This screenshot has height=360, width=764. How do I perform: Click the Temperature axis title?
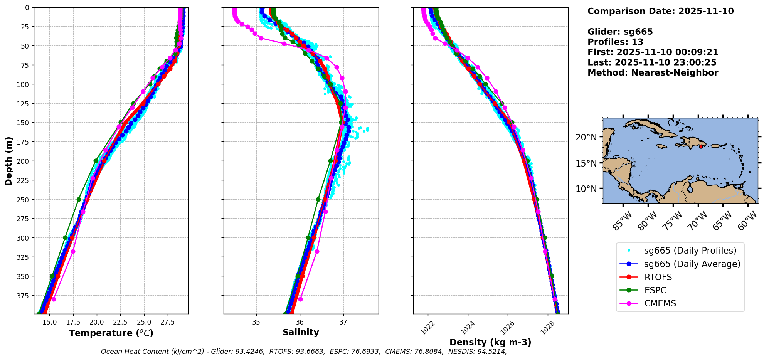click(x=111, y=333)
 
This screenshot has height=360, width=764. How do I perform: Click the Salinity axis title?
click(x=301, y=332)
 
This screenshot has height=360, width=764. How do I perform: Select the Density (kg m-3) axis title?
click(x=490, y=342)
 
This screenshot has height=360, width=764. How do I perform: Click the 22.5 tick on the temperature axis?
click(x=120, y=322)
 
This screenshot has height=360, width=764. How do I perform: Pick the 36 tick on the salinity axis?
click(x=300, y=322)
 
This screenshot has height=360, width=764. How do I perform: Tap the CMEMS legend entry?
click(x=660, y=303)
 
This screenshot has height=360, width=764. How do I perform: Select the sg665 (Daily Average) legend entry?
click(x=692, y=264)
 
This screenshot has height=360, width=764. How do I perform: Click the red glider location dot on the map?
click(x=701, y=146)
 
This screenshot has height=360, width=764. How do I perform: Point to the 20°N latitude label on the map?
click(x=586, y=138)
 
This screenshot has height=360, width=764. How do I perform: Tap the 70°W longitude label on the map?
click(x=698, y=221)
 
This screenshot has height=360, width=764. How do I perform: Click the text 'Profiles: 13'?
click(x=615, y=42)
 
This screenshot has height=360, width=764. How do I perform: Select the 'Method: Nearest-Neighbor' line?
click(x=653, y=73)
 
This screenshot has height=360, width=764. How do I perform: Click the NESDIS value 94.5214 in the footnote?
click(x=493, y=352)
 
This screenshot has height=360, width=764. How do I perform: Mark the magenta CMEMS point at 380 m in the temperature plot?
click(x=54, y=299)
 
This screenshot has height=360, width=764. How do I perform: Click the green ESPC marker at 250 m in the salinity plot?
click(x=318, y=199)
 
